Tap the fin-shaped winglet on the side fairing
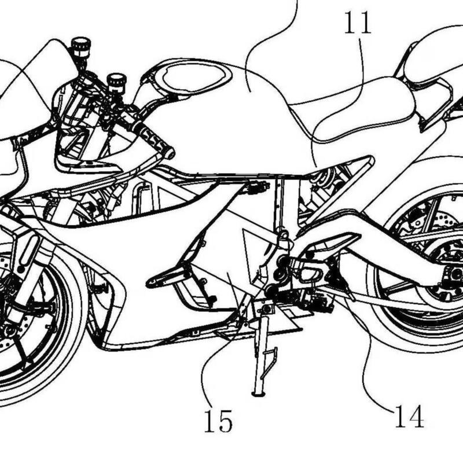[x=171, y=277]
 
